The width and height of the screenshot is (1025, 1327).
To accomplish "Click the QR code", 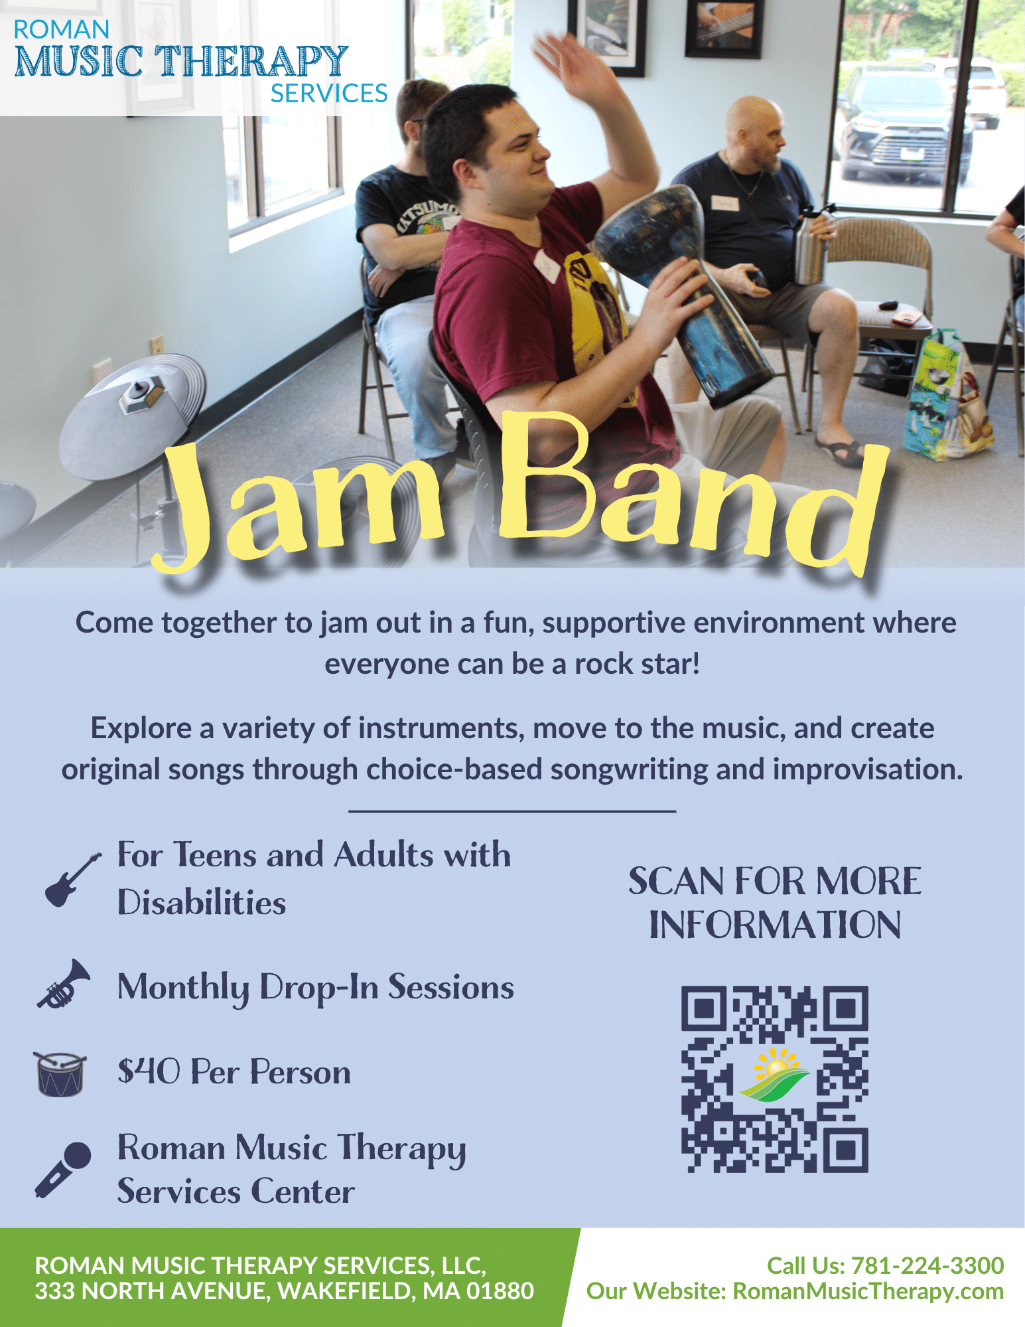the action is click(774, 1079).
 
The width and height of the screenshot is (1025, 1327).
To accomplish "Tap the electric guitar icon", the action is click(73, 880).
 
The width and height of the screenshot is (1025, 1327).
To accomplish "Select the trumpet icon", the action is click(64, 984).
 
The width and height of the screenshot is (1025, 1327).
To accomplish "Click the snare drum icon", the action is click(60, 1073).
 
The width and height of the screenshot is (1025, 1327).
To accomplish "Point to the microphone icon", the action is click(62, 1170).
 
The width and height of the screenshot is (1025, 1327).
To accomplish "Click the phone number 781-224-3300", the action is click(927, 1265).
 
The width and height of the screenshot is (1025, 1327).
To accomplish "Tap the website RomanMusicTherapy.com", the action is click(868, 1291).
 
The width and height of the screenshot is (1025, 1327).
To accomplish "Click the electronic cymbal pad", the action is click(133, 415).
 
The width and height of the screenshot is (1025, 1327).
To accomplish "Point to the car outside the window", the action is click(906, 123).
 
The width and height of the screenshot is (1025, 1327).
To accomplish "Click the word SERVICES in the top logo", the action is click(329, 94).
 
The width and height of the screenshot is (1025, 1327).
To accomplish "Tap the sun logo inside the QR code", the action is click(774, 1075).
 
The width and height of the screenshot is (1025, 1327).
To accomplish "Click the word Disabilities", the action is click(202, 903).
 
